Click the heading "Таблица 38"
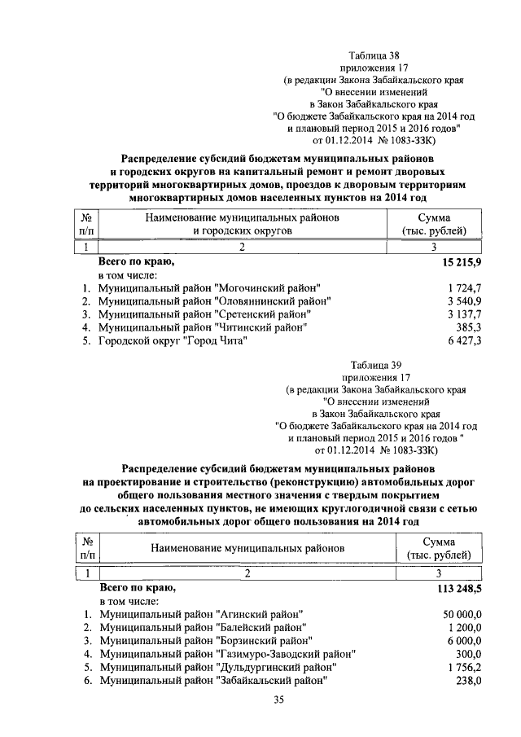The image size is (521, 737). pyautogui.click(x=374, y=55)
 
